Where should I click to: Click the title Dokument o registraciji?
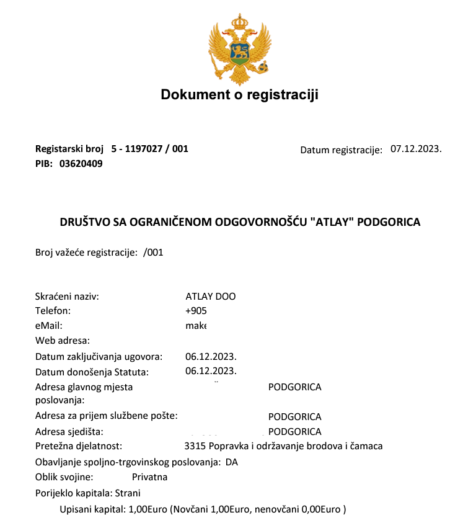(x=239, y=94)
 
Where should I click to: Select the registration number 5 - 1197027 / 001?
(x=149, y=149)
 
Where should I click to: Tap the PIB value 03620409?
(x=81, y=164)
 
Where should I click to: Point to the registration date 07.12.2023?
(x=415, y=149)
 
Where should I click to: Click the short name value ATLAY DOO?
(x=211, y=296)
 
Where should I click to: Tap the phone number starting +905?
(x=196, y=311)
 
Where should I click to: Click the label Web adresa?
(x=63, y=340)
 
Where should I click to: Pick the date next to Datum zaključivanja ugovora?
(x=211, y=357)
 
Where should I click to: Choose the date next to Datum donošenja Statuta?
(x=211, y=372)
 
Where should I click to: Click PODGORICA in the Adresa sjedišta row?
(x=295, y=432)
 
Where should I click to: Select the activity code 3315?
(x=195, y=446)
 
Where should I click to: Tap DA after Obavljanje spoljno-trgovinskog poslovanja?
(x=232, y=462)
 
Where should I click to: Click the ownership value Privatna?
(x=149, y=477)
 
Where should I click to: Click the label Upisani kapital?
(x=92, y=509)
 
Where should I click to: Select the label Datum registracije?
(x=341, y=150)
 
